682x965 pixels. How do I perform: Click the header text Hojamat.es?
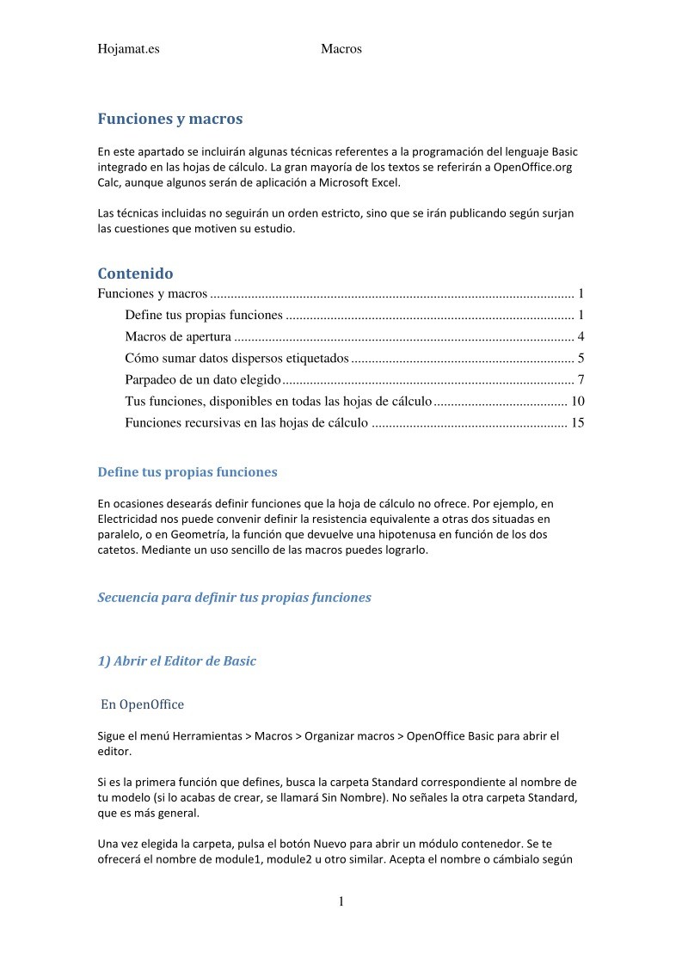click(128, 49)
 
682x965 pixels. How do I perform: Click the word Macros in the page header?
click(341, 49)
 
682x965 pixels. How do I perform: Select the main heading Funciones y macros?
click(169, 119)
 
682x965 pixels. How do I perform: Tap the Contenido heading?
click(135, 274)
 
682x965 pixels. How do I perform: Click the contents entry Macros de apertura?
click(178, 336)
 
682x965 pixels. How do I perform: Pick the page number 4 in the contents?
click(581, 336)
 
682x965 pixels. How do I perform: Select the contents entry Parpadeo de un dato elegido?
click(202, 379)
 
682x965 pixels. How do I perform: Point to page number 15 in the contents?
click(577, 422)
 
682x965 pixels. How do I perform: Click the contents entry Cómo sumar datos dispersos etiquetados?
click(237, 358)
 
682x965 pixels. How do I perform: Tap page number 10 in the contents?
click(577, 401)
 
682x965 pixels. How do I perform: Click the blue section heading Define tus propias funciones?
click(187, 472)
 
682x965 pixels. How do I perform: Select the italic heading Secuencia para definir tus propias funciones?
click(234, 597)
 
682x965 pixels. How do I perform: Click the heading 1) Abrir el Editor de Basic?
click(176, 661)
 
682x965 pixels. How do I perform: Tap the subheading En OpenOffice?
click(142, 704)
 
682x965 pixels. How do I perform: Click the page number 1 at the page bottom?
click(341, 902)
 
